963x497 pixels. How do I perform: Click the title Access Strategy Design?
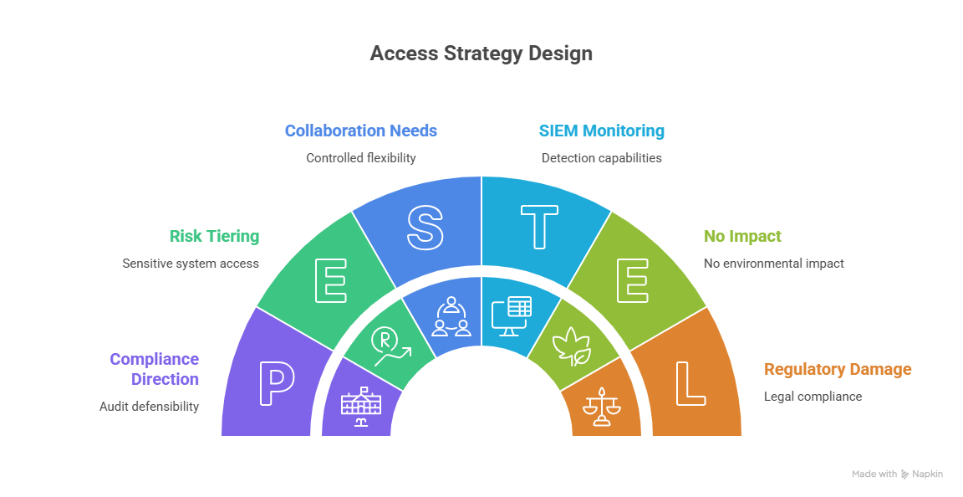481,54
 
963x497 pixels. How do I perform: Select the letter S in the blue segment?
425,228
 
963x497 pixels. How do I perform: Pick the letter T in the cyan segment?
539,228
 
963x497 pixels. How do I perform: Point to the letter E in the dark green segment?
330,280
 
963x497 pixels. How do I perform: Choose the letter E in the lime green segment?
633,280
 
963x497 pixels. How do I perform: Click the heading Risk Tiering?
214,237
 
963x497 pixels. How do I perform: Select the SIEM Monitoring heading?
602,131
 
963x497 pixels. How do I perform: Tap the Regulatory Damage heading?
838,370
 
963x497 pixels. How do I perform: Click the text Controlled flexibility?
360,158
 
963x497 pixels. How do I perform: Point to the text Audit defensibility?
149,407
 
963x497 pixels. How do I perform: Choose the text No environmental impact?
774,264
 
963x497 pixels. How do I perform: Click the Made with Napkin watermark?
897,474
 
